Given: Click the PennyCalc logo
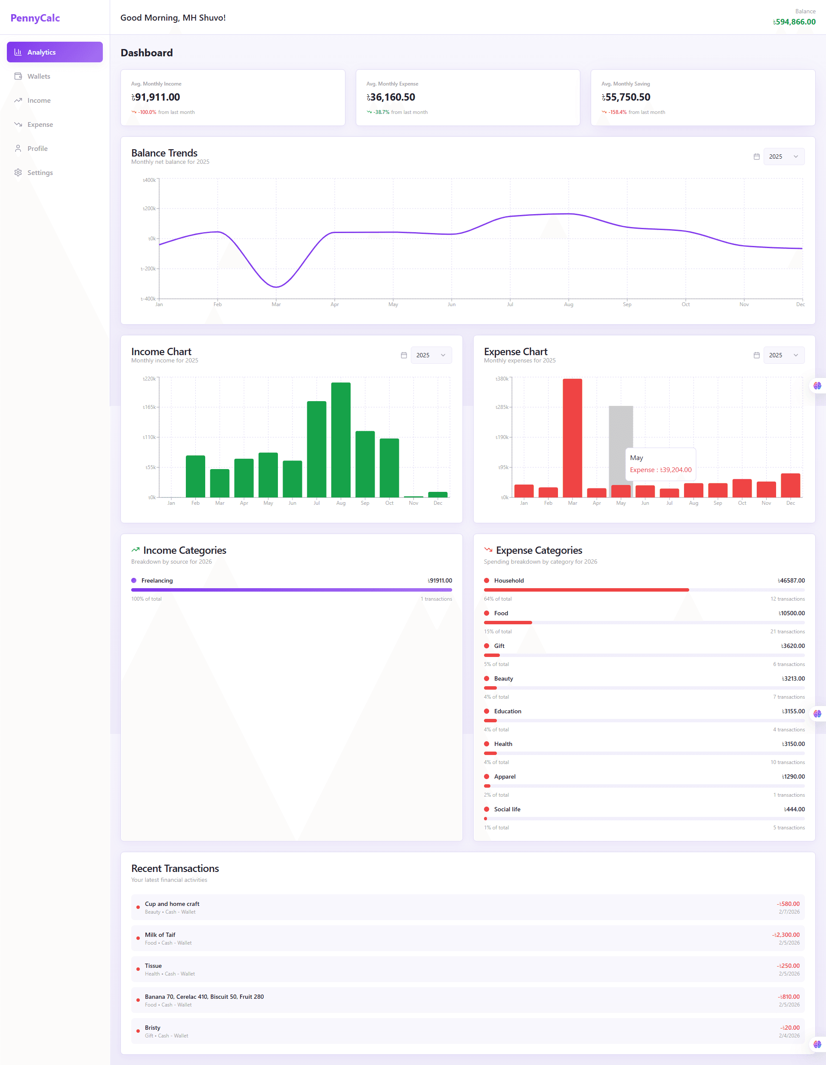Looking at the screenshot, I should pos(35,18).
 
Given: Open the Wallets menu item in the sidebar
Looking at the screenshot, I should pos(39,76).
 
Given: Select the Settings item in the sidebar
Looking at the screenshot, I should pos(40,172).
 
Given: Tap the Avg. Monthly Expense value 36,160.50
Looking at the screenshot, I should pos(392,97).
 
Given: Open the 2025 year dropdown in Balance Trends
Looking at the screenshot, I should pos(783,157).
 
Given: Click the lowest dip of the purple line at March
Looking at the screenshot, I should pos(276,287).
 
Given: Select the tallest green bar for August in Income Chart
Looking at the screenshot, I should pos(341,439).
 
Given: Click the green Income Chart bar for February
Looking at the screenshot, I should pos(195,476).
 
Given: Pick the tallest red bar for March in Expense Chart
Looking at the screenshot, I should pos(572,437).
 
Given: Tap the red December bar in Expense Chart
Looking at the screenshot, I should pos(790,485).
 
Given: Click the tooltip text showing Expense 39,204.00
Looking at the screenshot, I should pos(661,470).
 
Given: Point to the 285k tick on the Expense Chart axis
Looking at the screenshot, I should pos(502,407).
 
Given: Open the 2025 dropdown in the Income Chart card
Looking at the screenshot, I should pos(430,355).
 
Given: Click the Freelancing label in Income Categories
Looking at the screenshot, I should pos(157,580).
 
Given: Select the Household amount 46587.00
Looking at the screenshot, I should pos(791,580).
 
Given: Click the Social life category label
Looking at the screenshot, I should pos(507,809).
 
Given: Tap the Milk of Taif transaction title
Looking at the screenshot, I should pos(160,935).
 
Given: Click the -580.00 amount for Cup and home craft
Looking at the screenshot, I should pos(789,904).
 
